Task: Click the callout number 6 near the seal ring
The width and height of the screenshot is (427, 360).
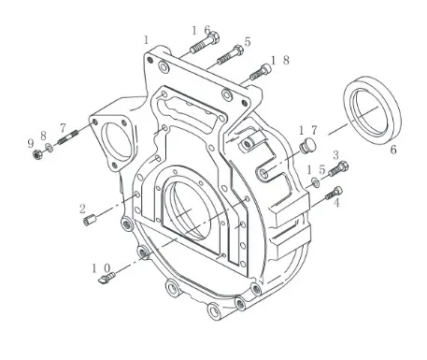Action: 393,150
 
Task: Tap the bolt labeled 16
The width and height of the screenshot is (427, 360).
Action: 205,43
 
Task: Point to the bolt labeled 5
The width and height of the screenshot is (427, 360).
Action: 231,55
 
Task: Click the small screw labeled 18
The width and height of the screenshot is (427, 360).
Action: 261,72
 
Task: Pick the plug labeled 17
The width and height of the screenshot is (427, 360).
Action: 307,146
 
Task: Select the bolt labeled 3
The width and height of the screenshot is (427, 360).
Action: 338,168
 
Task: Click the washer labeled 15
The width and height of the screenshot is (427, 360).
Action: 316,181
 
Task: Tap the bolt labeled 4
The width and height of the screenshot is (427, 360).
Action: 334,194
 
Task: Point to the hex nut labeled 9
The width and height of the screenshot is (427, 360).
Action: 37,153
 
